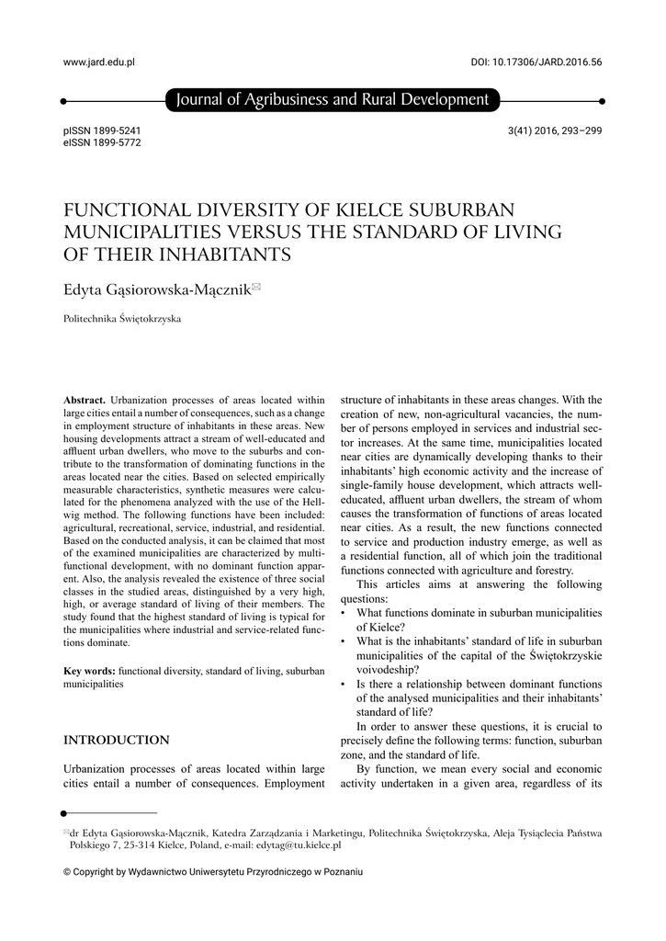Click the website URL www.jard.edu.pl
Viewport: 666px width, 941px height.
[98, 62]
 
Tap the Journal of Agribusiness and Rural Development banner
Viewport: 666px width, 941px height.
[332, 100]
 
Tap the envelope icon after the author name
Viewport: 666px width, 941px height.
[256, 288]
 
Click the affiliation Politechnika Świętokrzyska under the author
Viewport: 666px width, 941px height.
[122, 319]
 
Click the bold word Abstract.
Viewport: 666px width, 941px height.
[85, 400]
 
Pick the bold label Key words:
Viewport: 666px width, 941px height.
[89, 672]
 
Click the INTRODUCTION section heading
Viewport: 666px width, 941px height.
[116, 740]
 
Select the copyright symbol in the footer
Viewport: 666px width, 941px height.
[66, 871]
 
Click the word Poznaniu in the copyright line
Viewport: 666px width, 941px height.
[342, 871]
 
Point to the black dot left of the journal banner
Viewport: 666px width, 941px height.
[62, 100]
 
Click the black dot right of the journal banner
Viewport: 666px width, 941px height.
[602, 100]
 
